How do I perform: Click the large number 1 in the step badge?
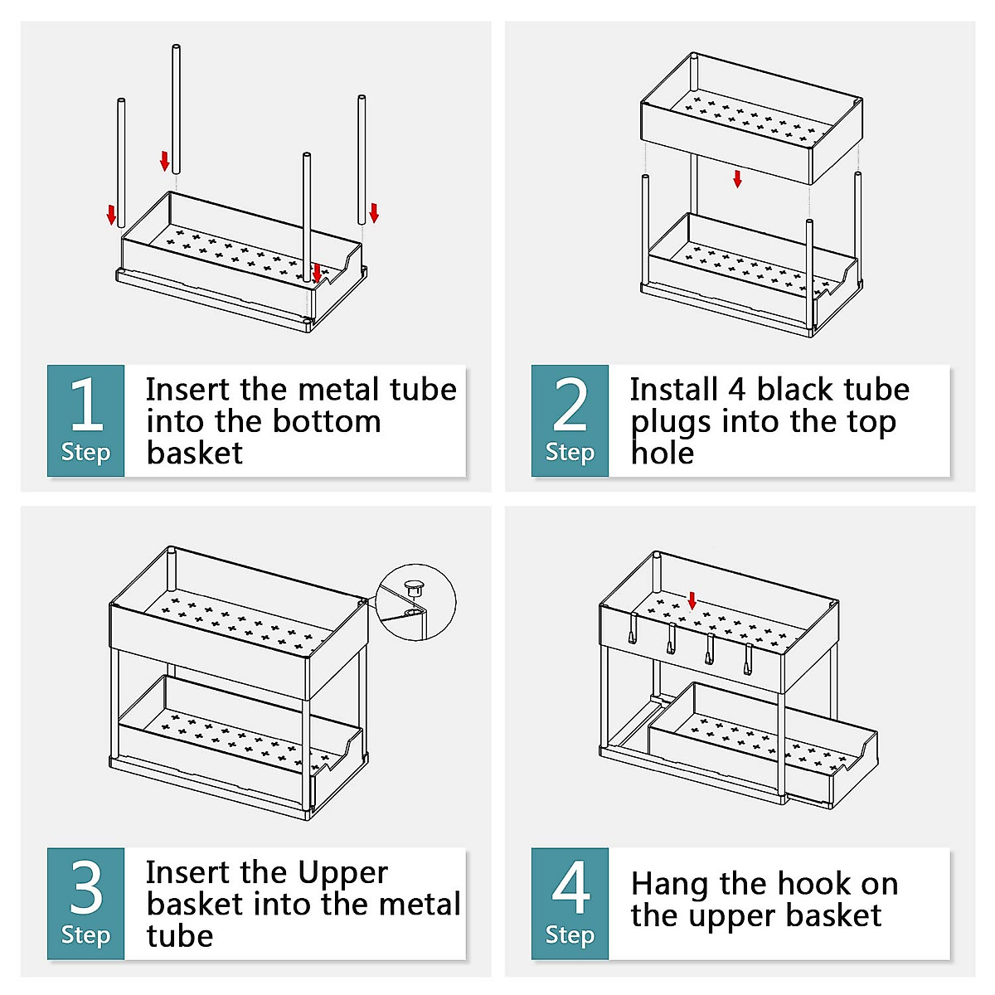point(86,404)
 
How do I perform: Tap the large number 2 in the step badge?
point(570,404)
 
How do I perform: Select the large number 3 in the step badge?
point(86,886)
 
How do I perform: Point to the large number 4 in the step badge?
point(570,886)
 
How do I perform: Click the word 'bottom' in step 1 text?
point(327,421)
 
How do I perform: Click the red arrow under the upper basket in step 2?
point(737,178)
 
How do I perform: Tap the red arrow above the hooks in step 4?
point(692,600)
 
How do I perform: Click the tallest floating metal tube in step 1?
point(176,109)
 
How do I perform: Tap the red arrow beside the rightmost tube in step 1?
point(374,213)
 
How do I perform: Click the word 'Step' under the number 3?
point(85,935)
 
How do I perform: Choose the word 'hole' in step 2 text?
point(663,453)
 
